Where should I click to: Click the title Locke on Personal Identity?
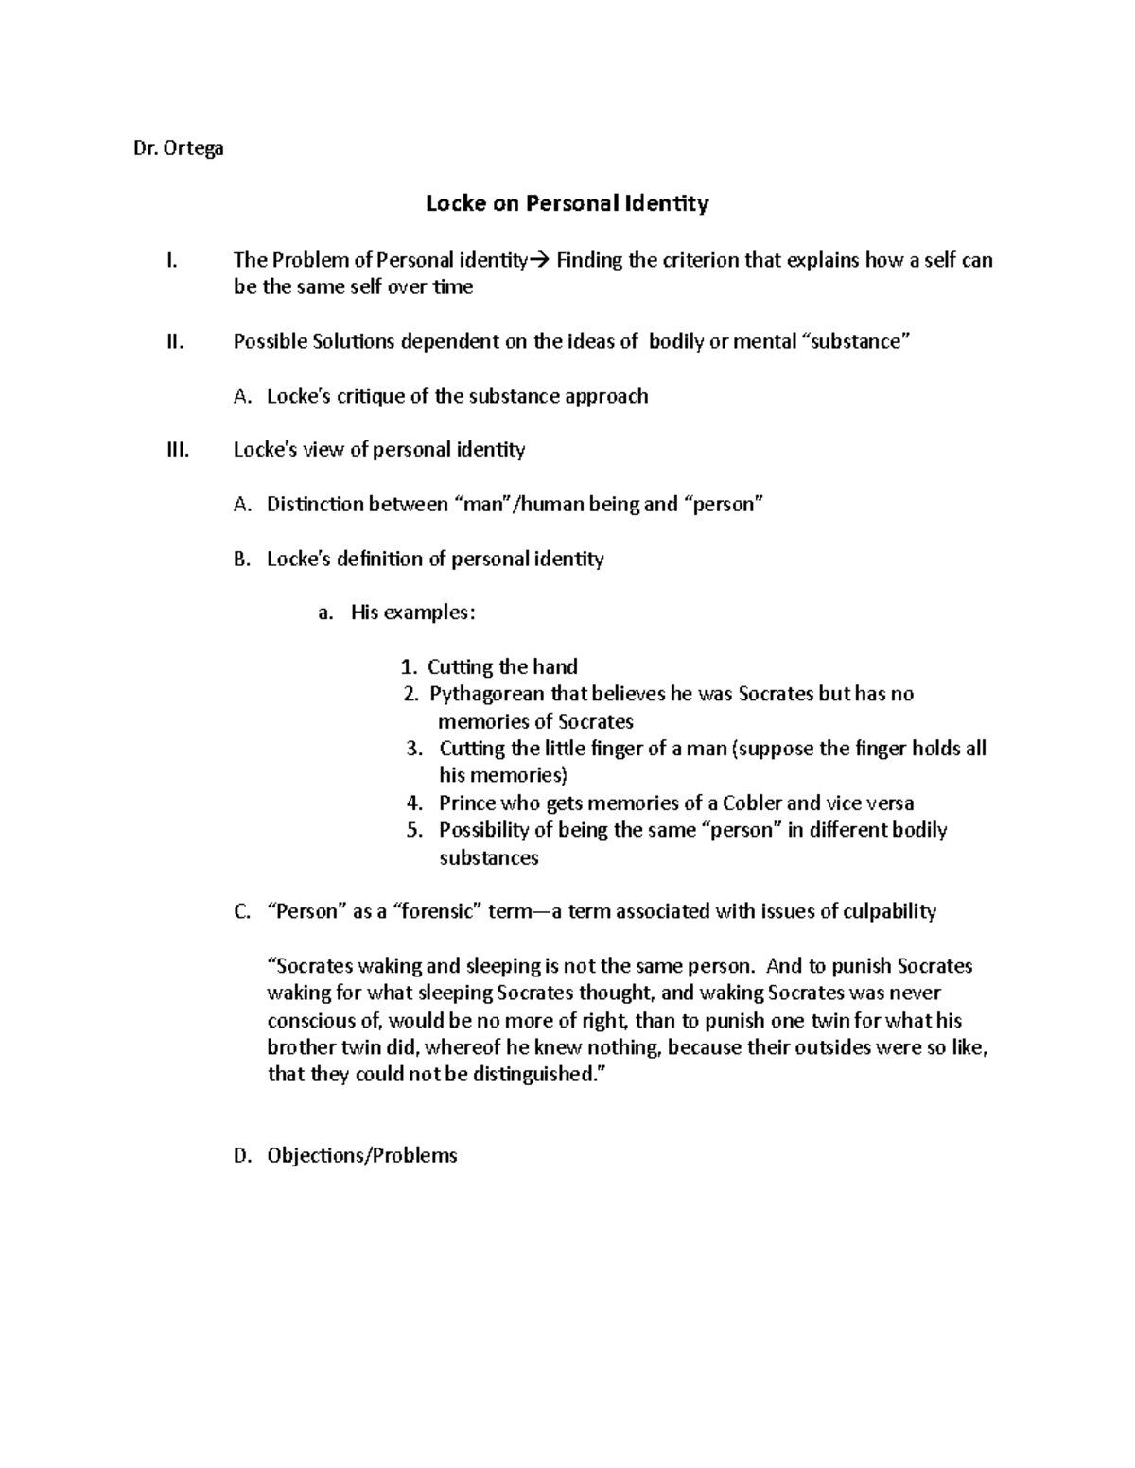coord(567,203)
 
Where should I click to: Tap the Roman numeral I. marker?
coord(170,260)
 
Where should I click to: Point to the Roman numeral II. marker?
coord(174,342)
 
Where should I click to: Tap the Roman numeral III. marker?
coord(177,450)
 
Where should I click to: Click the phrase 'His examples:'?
coord(413,613)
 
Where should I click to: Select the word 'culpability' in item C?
coord(888,912)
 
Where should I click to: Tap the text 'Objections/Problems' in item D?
coord(361,1156)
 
